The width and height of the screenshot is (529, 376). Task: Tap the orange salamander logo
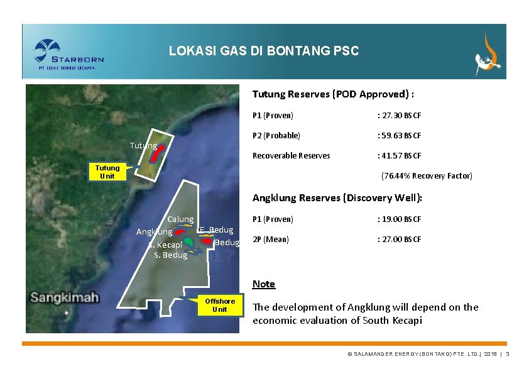tap(488, 53)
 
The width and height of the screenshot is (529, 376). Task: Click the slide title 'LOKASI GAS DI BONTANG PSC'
tap(264, 52)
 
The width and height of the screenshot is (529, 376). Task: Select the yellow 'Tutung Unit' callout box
tap(107, 172)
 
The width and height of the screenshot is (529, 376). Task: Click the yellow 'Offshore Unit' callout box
tap(220, 305)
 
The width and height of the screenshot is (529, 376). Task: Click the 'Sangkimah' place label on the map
tap(65, 297)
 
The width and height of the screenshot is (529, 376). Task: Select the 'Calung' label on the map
tap(180, 219)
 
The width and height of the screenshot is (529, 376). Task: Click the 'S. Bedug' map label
tap(170, 255)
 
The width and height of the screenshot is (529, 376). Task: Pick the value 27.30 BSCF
tap(399, 116)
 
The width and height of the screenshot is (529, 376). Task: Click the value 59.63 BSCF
tap(399, 135)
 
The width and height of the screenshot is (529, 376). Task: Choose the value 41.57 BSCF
tap(399, 155)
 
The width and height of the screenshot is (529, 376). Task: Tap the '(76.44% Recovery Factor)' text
tap(427, 175)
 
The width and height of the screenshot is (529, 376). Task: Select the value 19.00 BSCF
tap(399, 219)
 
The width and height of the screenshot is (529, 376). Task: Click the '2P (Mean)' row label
tap(271, 239)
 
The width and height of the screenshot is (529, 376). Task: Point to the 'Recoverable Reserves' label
tap(291, 155)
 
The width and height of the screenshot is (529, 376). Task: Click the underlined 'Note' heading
tap(264, 284)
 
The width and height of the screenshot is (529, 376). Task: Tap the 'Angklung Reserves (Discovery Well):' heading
tap(337, 198)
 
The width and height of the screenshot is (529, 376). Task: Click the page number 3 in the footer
tap(507, 355)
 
